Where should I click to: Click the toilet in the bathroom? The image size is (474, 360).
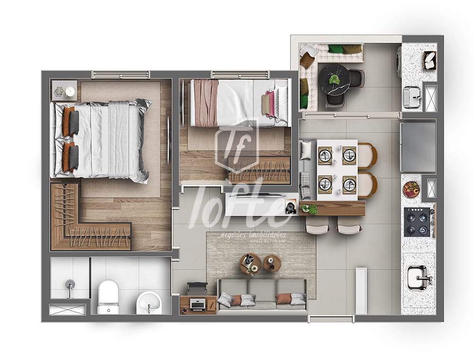pyautogui.click(x=108, y=297)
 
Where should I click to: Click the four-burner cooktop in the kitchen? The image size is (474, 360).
pyautogui.click(x=417, y=222)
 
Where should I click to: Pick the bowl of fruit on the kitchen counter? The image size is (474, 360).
pyautogui.click(x=411, y=189)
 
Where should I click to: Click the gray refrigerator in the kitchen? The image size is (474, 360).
pyautogui.click(x=418, y=147)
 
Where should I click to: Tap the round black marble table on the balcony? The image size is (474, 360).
pyautogui.click(x=334, y=80)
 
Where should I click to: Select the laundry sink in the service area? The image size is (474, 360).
pyautogui.click(x=411, y=97)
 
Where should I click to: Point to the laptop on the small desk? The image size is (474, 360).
pyautogui.click(x=198, y=304)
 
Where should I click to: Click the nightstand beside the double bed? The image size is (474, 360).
pyautogui.click(x=64, y=90)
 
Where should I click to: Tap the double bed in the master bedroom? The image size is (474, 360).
pyautogui.click(x=102, y=141)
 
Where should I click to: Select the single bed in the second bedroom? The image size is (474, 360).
pyautogui.click(x=239, y=103)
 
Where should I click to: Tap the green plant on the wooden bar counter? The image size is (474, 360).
pyautogui.click(x=309, y=208)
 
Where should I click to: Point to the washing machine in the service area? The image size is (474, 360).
pyautogui.click(x=399, y=62)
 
